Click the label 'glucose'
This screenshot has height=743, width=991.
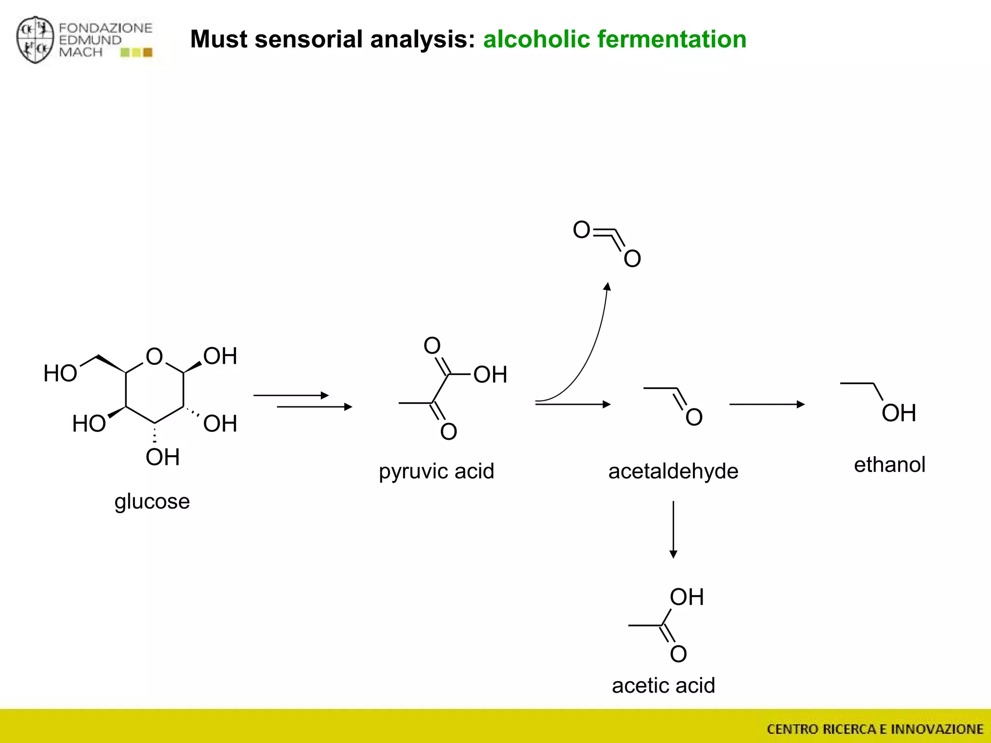click(x=152, y=502)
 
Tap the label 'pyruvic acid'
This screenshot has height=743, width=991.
click(x=436, y=471)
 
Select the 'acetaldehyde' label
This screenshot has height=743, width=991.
click(x=673, y=471)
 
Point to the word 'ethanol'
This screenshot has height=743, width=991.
click(x=889, y=465)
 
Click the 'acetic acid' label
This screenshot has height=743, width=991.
click(x=663, y=685)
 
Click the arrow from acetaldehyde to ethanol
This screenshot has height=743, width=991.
click(x=766, y=404)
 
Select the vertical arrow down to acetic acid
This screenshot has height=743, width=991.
click(x=673, y=529)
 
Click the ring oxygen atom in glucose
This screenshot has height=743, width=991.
click(x=154, y=357)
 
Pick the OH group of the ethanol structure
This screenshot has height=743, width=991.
click(x=899, y=413)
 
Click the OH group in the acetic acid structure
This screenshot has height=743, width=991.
click(x=686, y=597)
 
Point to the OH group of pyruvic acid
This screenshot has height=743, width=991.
click(x=490, y=375)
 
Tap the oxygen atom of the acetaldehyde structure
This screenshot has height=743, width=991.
click(x=694, y=417)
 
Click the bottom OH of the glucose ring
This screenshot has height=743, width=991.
click(x=163, y=457)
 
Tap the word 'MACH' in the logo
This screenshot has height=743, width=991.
click(x=81, y=52)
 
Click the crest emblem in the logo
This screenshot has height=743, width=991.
click(x=35, y=40)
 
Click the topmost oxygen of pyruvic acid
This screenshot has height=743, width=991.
click(x=432, y=345)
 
